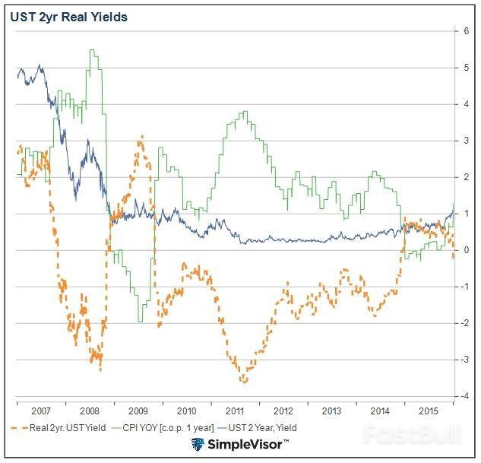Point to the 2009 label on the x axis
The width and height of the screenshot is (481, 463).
[138, 410]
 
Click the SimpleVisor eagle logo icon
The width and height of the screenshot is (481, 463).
[198, 445]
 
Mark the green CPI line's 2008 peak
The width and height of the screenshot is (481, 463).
[92, 50]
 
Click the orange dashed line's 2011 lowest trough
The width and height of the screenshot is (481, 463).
[244, 381]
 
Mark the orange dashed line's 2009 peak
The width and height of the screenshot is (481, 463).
[141, 137]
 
